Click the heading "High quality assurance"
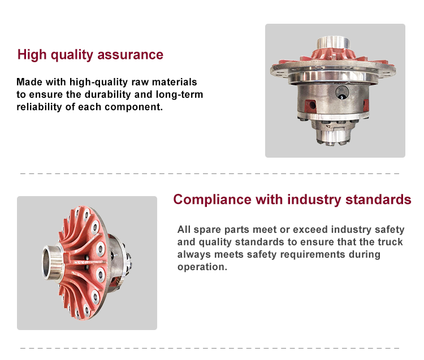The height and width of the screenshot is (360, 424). point(90,55)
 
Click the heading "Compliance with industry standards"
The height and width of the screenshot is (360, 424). point(292,199)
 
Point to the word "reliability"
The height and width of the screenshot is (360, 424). point(39,107)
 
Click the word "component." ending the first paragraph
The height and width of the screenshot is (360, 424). point(134,107)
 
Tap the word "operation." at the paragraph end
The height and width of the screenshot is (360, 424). point(202,267)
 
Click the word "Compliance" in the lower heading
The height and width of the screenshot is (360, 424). point(212,199)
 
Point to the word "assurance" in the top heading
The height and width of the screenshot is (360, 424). point(131,55)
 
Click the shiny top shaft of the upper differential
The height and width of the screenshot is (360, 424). point(334,43)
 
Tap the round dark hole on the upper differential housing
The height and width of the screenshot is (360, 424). point(342,92)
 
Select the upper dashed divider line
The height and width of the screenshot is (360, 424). point(210,174)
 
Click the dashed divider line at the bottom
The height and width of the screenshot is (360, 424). point(210,348)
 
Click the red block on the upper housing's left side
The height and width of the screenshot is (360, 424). point(310,105)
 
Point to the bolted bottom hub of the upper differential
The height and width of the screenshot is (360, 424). point(333,132)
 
